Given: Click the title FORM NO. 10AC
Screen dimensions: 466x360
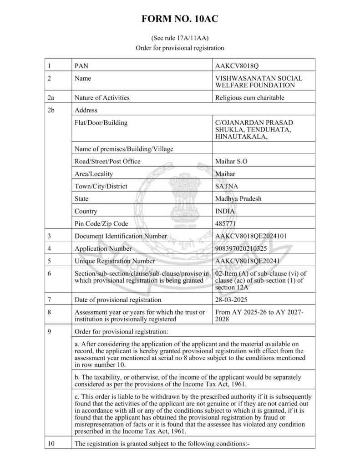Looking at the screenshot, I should [180, 19].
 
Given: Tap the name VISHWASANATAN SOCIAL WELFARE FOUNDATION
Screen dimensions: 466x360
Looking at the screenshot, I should [259, 81].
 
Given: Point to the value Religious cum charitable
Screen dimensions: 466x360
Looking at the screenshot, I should [249, 97].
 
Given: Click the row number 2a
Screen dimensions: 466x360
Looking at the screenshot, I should [51, 97].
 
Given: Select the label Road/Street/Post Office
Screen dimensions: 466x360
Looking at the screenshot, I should [107, 161].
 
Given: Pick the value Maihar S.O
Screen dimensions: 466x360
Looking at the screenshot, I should [231, 161].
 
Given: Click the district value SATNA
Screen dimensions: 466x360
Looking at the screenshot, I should [227, 186].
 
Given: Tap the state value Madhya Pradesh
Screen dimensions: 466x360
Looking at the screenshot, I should [238, 198].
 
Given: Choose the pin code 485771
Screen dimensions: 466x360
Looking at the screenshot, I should [226, 223].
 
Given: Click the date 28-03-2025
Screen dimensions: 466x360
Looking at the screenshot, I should [232, 299].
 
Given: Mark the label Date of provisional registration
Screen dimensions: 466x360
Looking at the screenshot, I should [117, 299].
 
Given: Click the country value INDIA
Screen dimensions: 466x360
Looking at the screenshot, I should [225, 211].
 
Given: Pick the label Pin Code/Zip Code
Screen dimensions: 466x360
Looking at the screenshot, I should [101, 223].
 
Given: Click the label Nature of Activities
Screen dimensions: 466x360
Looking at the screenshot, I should [101, 97].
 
